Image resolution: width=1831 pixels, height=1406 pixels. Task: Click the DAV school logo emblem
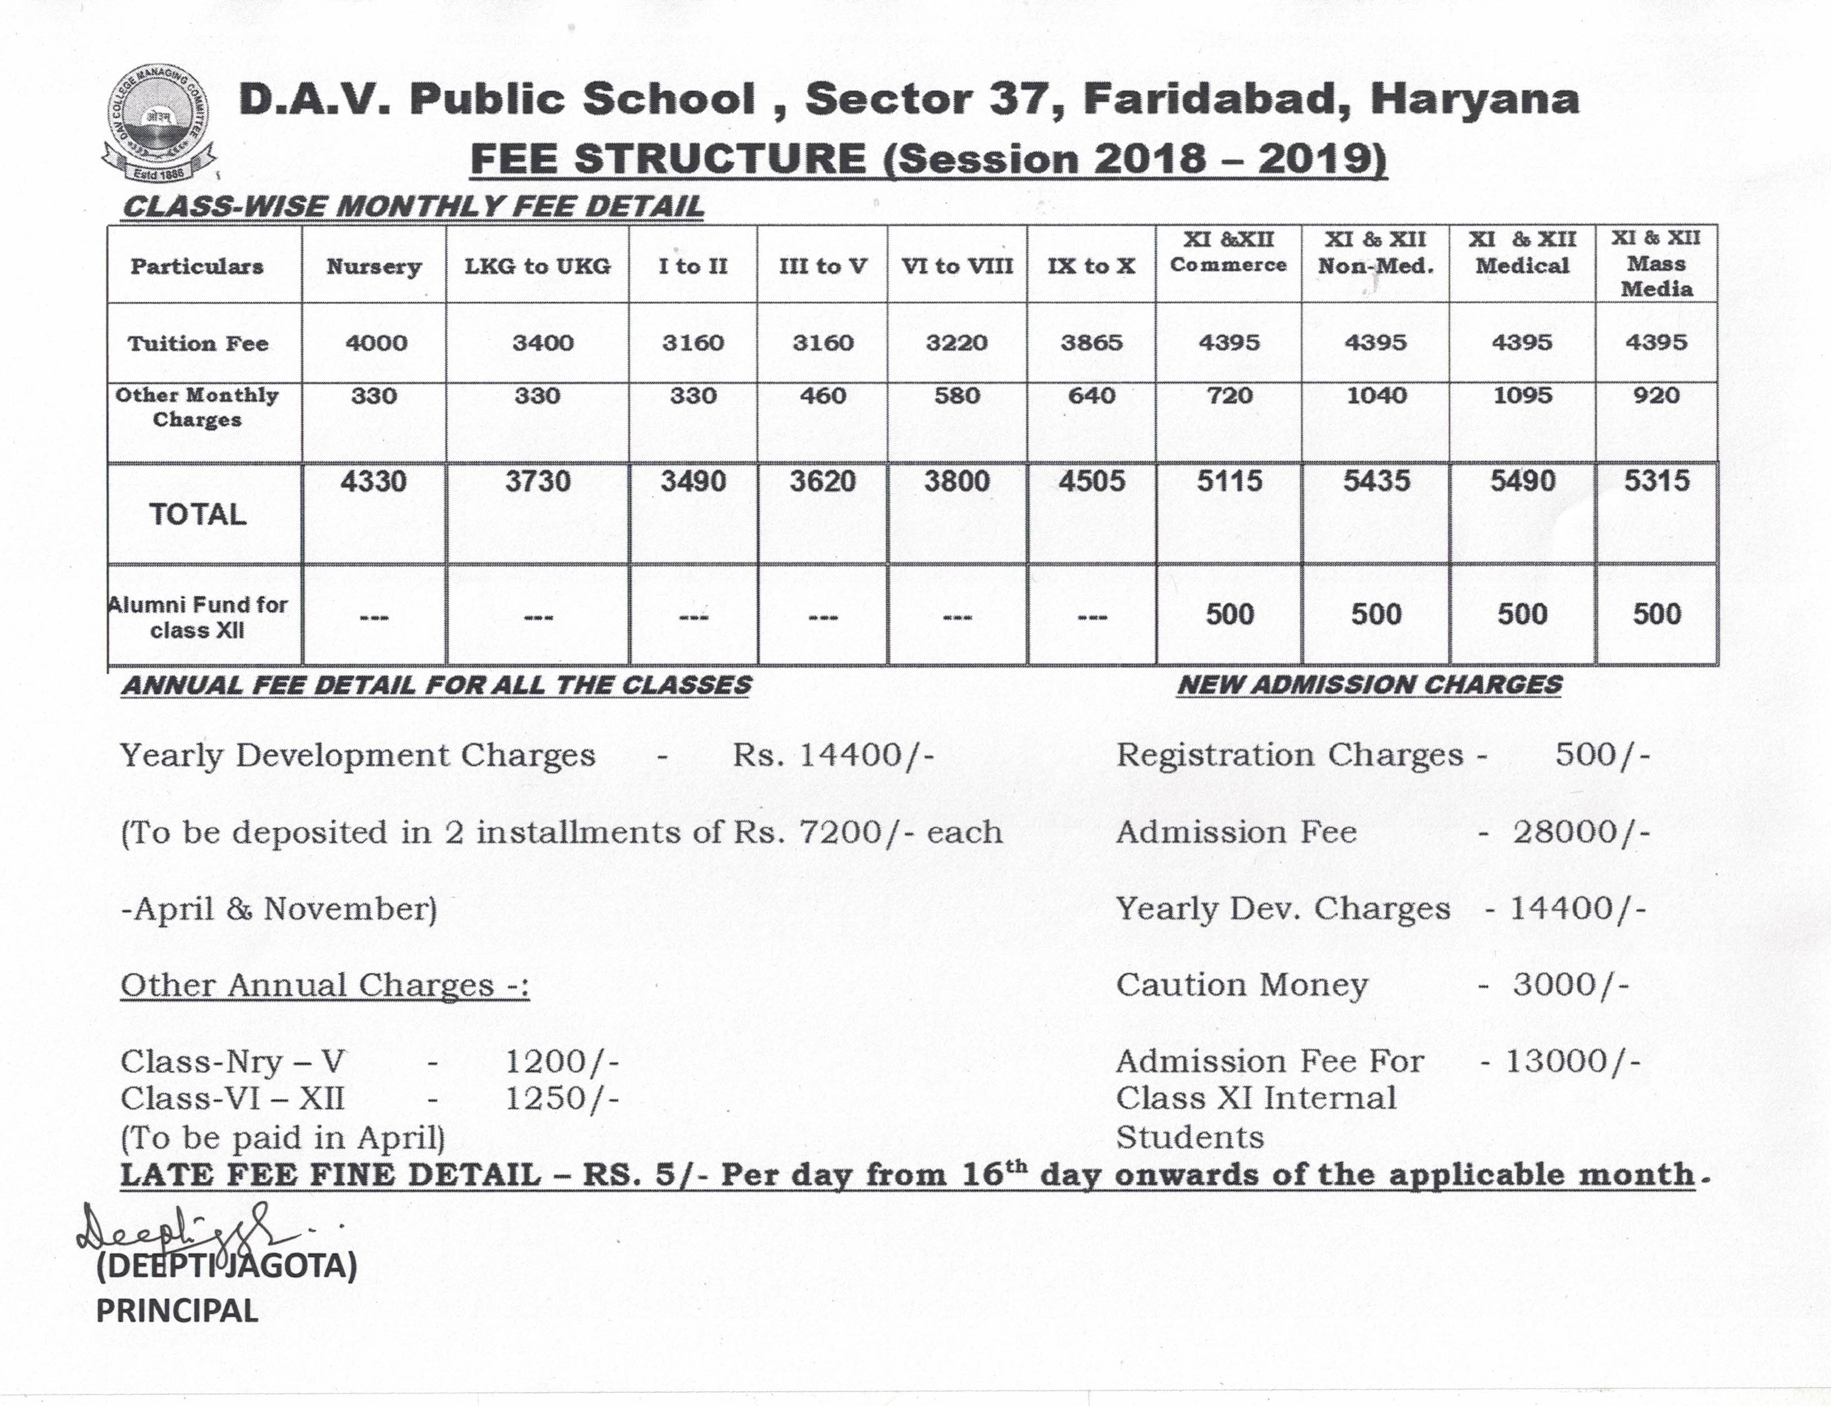(x=158, y=125)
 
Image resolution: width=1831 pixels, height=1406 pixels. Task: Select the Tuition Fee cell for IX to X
(x=1091, y=343)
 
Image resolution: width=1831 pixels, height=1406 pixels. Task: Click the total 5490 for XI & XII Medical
(x=1522, y=481)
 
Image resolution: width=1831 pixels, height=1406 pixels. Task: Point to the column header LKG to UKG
(x=537, y=266)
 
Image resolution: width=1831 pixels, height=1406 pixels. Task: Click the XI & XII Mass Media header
(x=1656, y=264)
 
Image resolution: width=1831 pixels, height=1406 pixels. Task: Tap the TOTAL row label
(x=197, y=514)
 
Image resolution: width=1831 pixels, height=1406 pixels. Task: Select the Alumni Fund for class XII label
(x=198, y=617)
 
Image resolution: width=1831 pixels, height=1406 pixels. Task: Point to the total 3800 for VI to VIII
(x=957, y=481)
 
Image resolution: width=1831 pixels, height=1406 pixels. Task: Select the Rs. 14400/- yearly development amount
(x=832, y=755)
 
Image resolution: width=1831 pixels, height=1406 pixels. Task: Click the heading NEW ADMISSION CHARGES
(x=1369, y=685)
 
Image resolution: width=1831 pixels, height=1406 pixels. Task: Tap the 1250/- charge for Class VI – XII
(x=561, y=1098)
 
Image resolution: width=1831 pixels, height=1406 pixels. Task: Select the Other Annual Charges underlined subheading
(x=325, y=985)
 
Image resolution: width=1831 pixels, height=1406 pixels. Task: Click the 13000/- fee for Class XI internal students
(x=1572, y=1061)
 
